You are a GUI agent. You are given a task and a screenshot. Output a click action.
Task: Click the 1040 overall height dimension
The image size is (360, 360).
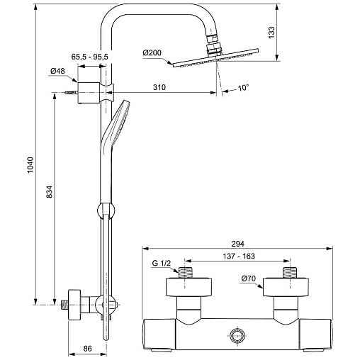pos(30,164)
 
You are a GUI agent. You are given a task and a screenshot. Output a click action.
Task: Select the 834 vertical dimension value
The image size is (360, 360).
pos(50,192)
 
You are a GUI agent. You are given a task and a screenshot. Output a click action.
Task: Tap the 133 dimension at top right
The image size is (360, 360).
pos(271,33)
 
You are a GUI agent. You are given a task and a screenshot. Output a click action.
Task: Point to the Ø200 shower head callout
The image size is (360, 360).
pos(152,52)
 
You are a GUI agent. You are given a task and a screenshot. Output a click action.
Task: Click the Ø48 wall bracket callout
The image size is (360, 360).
pos(57,71)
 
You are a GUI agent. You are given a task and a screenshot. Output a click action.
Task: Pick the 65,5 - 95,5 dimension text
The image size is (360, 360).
pos(89,57)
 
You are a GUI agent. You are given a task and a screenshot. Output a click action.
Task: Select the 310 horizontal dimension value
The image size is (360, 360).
pos(159,87)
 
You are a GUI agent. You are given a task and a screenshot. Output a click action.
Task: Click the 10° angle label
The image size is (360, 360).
pos(243,88)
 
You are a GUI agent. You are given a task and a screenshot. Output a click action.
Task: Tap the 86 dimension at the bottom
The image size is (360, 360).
pos(87,349)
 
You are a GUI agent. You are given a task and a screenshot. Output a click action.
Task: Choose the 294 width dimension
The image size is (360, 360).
pos(237,244)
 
